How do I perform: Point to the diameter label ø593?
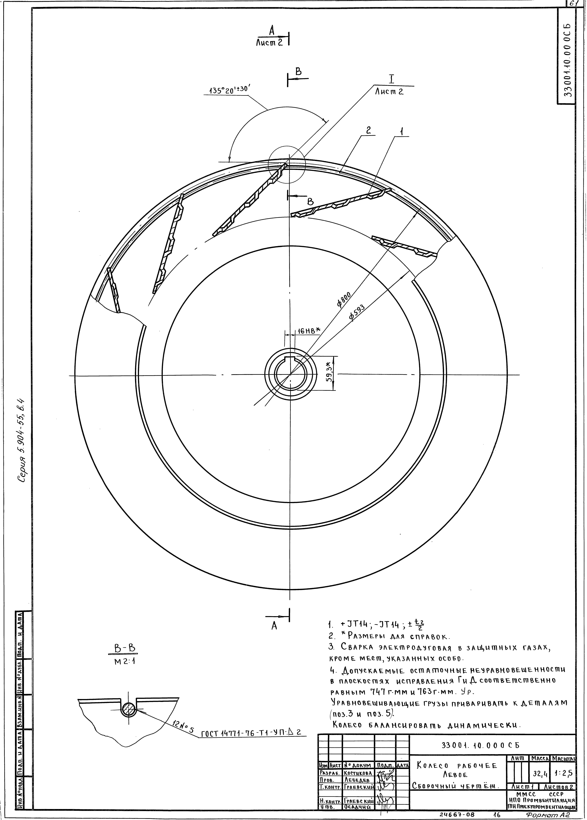click(x=357, y=313)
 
